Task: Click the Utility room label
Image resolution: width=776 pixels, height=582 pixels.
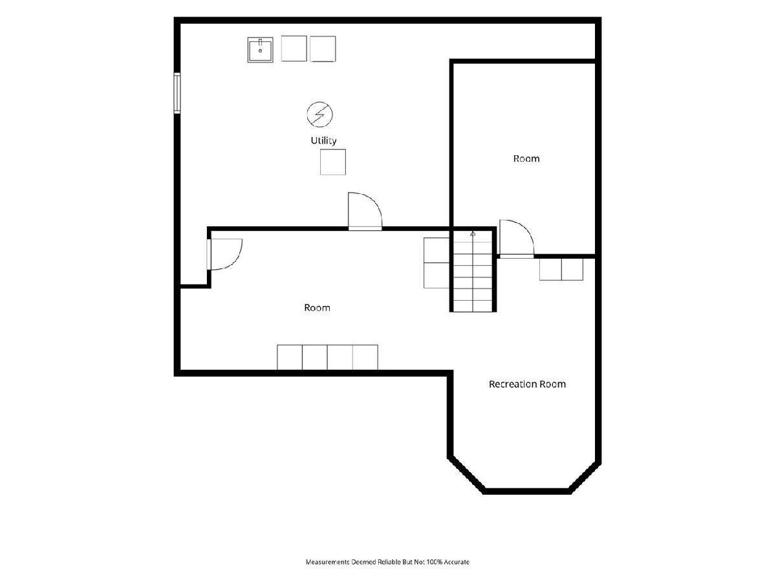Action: [323, 140]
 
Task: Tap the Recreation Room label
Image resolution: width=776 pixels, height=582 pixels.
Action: [527, 384]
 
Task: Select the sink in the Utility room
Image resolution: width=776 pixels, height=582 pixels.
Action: [260, 50]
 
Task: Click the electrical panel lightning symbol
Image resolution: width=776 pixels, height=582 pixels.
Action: [319, 114]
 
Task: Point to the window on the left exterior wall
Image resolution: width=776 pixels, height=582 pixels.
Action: [177, 93]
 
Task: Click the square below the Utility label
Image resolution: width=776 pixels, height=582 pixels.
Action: [332, 162]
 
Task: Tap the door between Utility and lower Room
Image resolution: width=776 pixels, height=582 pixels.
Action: [365, 211]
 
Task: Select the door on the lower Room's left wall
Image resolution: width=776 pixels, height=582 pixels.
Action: [224, 254]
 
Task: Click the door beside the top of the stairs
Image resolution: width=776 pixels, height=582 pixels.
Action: [517, 239]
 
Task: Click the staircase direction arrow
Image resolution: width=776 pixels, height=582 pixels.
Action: [473, 233]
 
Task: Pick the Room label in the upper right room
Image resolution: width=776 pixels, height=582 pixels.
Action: [526, 158]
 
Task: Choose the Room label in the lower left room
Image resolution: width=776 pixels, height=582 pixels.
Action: [317, 308]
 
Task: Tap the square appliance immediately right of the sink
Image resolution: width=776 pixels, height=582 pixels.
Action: [294, 48]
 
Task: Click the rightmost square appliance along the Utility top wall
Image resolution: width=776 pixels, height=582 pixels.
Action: [323, 48]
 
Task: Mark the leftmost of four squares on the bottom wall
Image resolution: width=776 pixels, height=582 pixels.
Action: [290, 357]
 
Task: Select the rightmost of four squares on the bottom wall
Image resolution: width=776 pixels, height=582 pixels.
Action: [365, 357]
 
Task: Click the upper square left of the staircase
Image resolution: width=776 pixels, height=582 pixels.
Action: [436, 250]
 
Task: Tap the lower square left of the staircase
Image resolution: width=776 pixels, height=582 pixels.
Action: [436, 275]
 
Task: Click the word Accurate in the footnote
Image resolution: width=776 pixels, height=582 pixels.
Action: [457, 562]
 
